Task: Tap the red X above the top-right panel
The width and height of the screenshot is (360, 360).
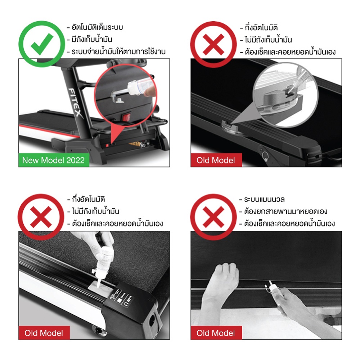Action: (x=213, y=45)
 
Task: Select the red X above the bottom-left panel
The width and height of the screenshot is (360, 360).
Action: (x=41, y=217)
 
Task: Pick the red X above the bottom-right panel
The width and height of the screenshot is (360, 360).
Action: (x=213, y=217)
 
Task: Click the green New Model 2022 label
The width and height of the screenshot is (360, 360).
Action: (x=54, y=160)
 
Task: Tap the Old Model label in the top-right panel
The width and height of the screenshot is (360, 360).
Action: (x=216, y=160)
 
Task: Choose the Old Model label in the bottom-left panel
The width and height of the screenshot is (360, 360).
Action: (x=44, y=333)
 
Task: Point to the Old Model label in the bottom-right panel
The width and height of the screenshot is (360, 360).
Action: (x=216, y=333)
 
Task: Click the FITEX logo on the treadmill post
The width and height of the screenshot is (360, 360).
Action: (x=75, y=103)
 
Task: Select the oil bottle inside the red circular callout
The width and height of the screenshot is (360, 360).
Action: (x=140, y=86)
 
